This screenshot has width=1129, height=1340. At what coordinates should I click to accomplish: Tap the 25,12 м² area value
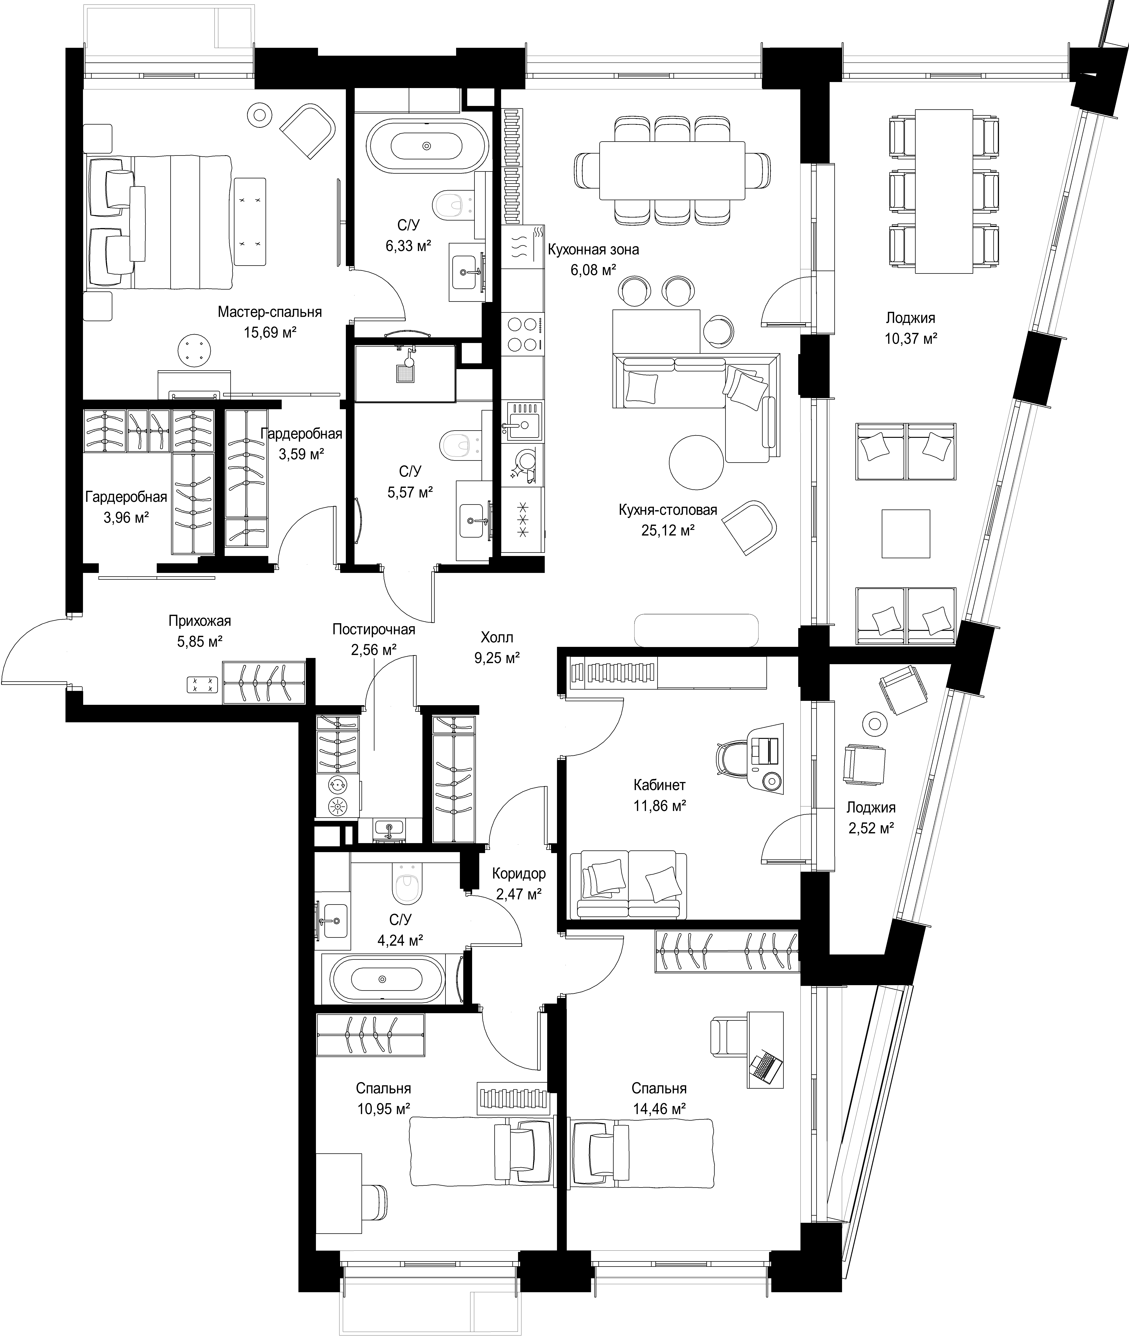tap(668, 531)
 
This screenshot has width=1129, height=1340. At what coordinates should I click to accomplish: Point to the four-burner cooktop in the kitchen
tap(523, 334)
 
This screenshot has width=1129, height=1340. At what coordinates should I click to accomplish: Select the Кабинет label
tap(660, 785)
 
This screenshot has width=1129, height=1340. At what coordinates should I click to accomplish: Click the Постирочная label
tap(374, 630)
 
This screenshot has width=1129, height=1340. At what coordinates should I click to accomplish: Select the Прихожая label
tap(200, 621)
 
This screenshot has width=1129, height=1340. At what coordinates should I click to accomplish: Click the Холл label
tap(497, 637)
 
